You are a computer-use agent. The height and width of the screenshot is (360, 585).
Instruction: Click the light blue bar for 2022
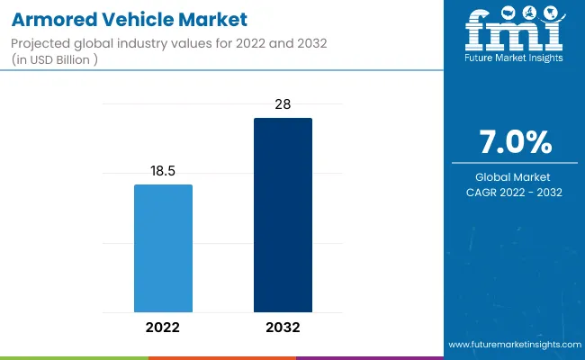[163, 248]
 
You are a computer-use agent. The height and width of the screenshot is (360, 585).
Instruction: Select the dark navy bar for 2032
[283, 215]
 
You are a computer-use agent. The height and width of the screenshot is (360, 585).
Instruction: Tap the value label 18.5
[163, 170]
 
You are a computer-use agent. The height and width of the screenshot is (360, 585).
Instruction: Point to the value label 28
[283, 104]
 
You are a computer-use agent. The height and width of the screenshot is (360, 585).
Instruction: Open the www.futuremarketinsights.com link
[514, 345]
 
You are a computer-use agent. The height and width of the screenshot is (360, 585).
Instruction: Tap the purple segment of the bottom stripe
[369, 357]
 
